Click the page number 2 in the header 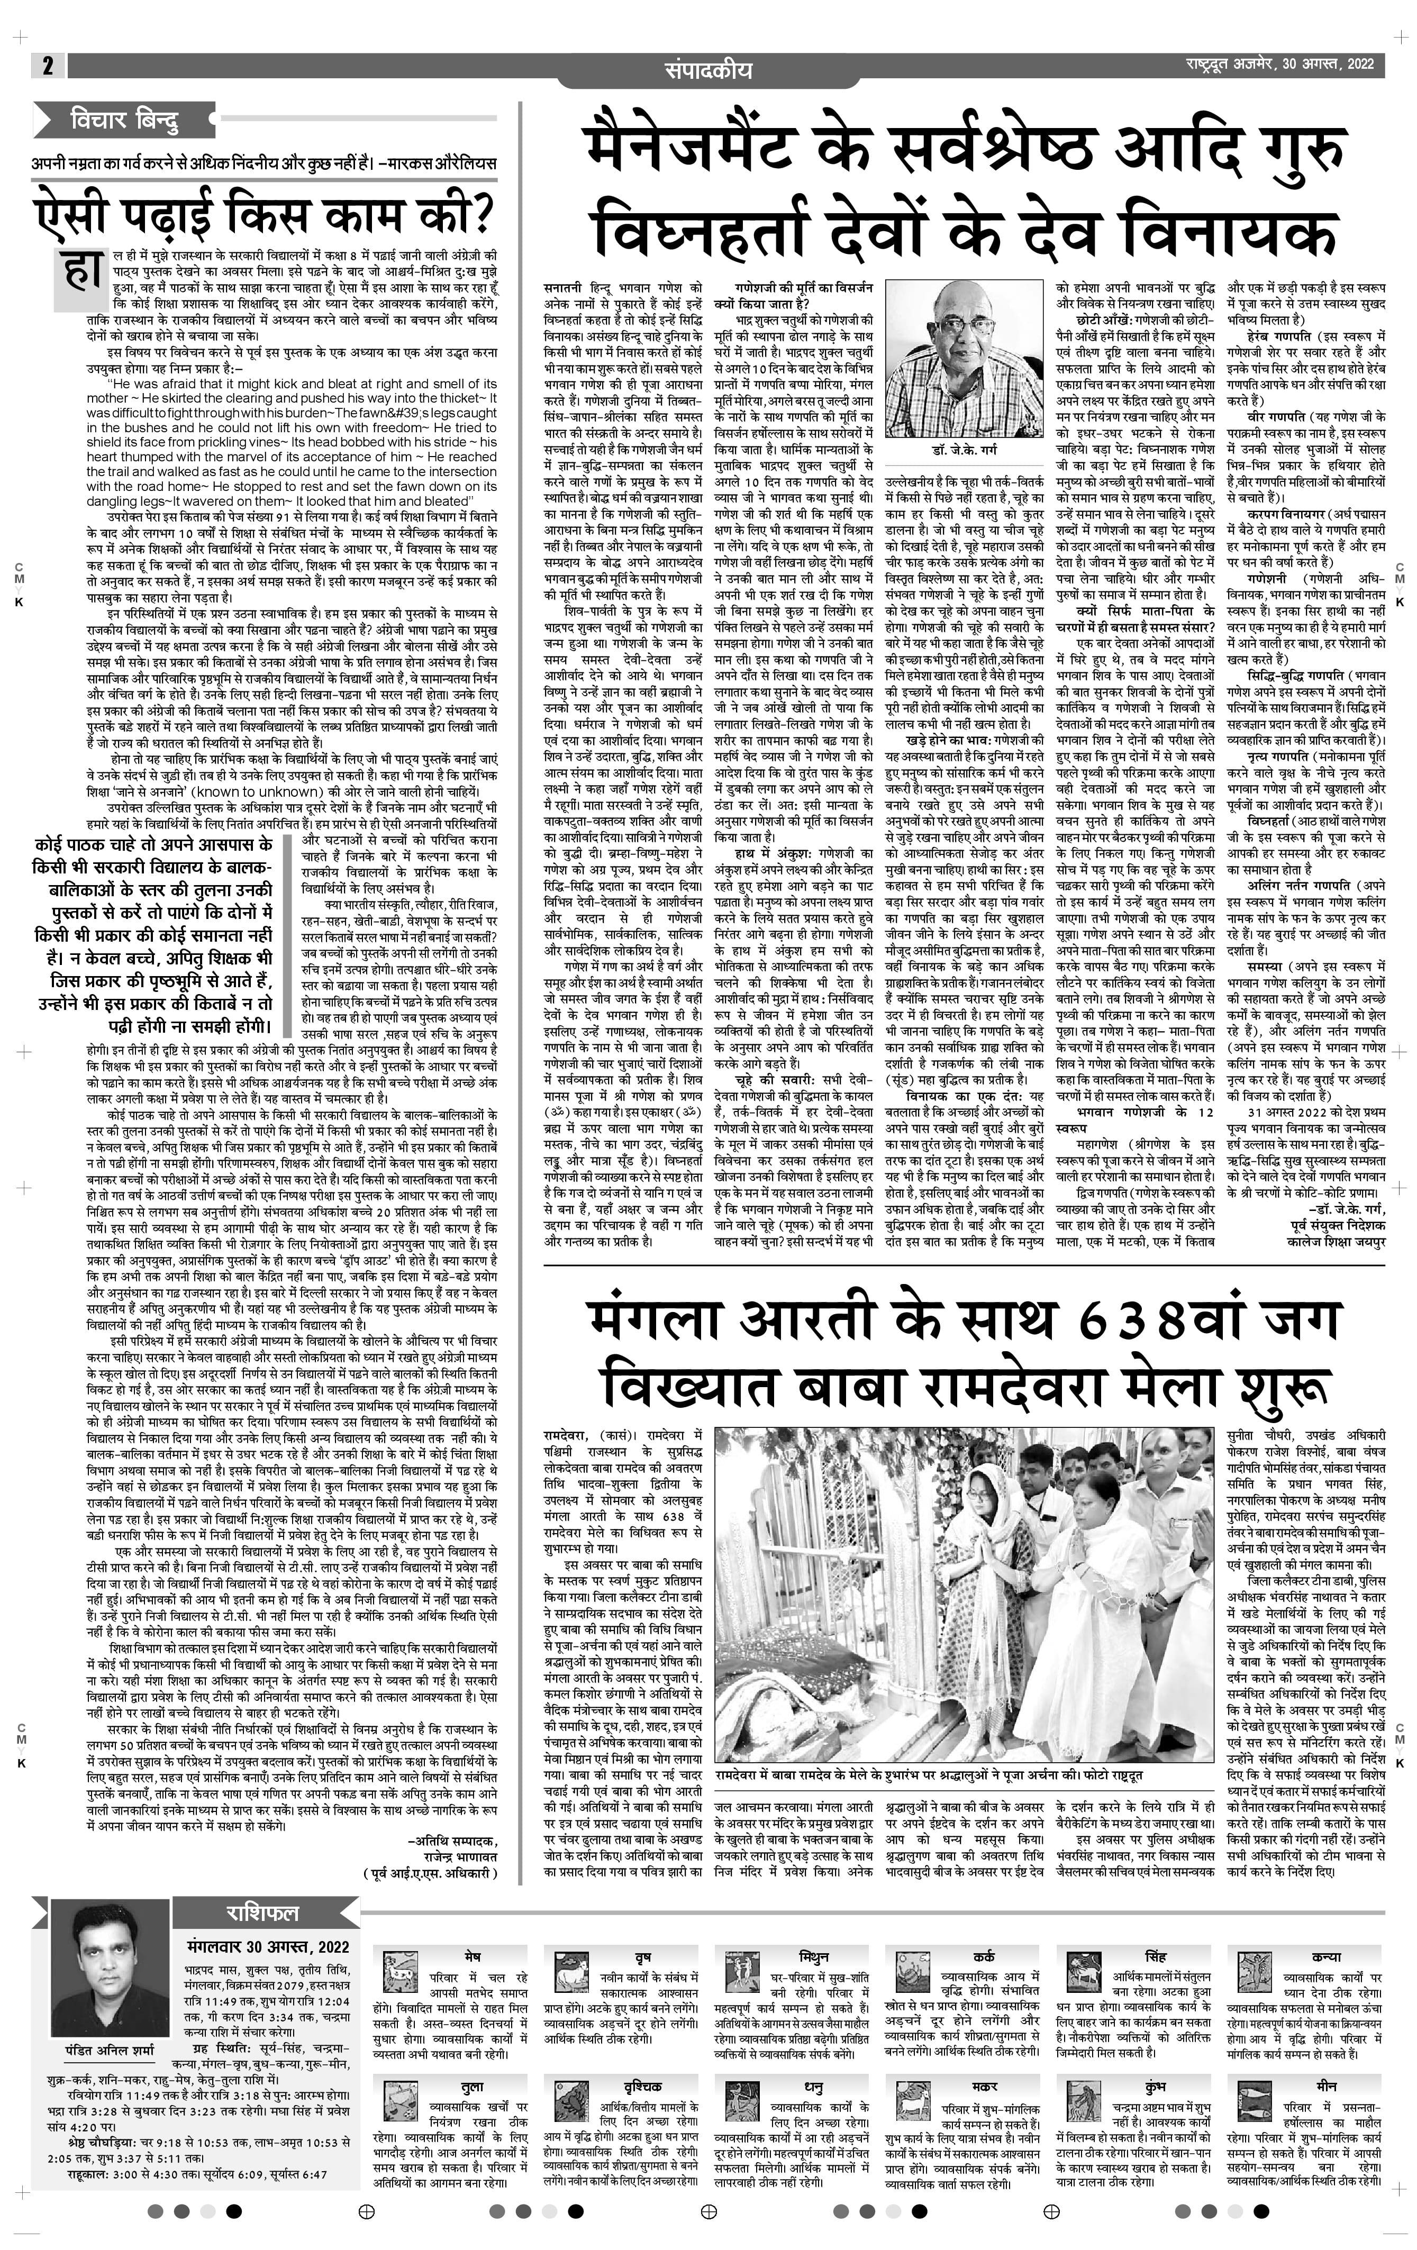[47, 66]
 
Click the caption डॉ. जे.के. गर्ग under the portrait [962, 450]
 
